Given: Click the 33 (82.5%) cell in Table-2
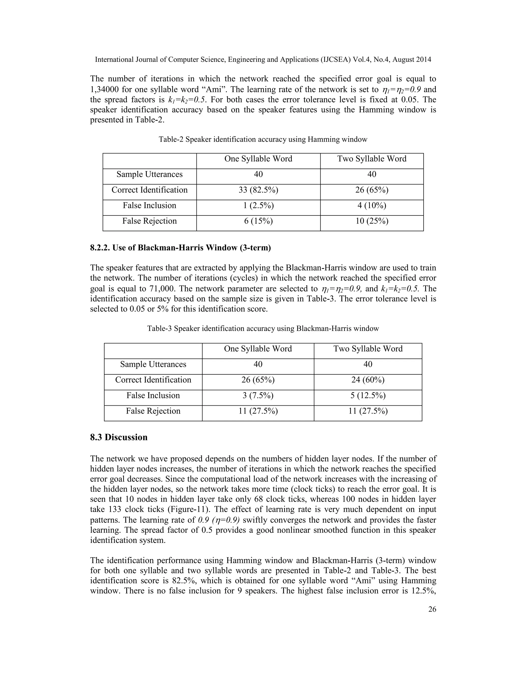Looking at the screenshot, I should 258,190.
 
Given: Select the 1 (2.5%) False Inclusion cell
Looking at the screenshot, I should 258,206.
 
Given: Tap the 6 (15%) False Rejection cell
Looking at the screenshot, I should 258,221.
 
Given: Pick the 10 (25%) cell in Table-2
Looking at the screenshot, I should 372,221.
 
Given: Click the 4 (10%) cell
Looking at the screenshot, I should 372,206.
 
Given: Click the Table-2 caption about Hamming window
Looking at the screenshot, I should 263,139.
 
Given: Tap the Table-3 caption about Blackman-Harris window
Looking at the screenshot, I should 263,329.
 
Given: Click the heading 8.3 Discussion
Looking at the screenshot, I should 119,438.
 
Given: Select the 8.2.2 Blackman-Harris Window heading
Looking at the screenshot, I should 180,248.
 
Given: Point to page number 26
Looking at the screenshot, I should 432,609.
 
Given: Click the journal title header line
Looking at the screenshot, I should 263,60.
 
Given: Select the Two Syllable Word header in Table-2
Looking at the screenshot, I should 372,159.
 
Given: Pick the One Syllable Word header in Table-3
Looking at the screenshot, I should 258,349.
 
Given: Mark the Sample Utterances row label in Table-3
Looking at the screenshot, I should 153,364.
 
